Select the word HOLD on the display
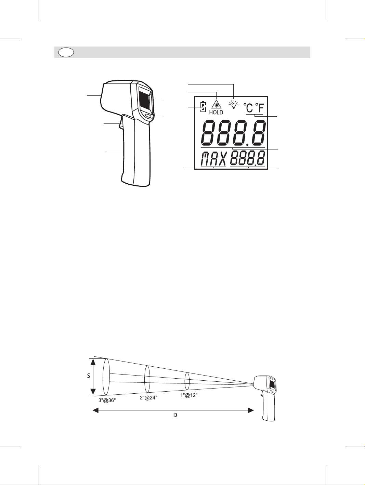point(216,112)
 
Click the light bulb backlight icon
point(234,105)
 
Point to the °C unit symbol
point(248,108)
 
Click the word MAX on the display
point(214,159)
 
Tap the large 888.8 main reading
point(233,133)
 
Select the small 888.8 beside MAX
point(248,158)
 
